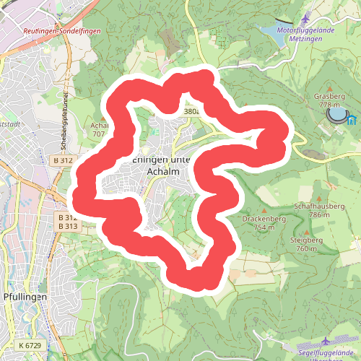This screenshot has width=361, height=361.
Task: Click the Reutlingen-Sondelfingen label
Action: (62, 31)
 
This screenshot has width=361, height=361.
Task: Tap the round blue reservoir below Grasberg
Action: (336, 114)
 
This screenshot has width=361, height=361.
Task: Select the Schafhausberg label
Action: (318, 206)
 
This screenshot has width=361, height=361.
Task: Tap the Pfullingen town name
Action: (25, 297)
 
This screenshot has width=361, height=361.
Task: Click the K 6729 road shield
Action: (30, 345)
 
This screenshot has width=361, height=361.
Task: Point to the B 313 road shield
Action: (67, 227)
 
